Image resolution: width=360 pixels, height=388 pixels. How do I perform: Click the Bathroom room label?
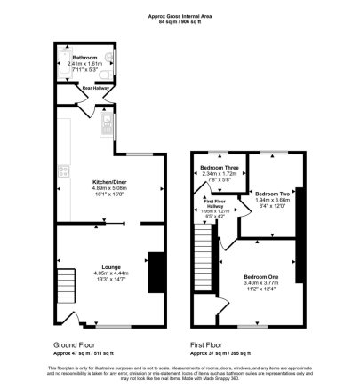tap(85, 57)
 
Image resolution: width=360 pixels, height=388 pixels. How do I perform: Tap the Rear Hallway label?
tap(94, 88)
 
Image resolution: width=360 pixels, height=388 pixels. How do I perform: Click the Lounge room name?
tap(111, 267)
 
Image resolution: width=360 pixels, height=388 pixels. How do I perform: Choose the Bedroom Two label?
tap(271, 193)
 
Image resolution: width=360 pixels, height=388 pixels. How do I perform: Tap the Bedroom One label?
tap(260, 276)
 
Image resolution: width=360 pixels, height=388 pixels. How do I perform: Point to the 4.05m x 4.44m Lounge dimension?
tap(111, 273)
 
